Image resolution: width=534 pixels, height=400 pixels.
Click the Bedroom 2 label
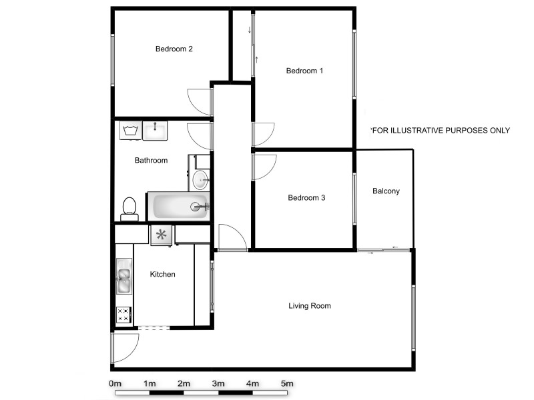(x=174, y=49)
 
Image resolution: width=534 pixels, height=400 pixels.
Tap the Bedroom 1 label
(x=304, y=71)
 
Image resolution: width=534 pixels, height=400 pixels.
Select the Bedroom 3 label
(x=306, y=197)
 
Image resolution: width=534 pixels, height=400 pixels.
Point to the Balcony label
(x=386, y=191)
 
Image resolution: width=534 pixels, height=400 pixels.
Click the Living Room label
(x=310, y=306)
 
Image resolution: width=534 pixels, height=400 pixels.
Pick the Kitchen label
(x=162, y=274)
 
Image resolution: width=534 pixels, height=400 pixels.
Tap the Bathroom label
(x=151, y=160)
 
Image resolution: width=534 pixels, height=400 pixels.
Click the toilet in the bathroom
(x=129, y=208)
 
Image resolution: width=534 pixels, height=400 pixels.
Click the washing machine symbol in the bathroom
(x=129, y=129)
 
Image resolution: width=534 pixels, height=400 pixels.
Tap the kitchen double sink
(x=124, y=277)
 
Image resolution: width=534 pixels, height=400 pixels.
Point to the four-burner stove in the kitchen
(x=124, y=315)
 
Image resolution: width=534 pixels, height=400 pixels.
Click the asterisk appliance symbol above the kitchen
(x=161, y=235)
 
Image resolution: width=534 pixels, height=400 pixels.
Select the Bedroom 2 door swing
(x=198, y=101)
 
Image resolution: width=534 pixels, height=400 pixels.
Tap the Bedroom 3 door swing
(x=264, y=167)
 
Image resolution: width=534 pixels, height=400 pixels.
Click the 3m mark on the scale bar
(x=218, y=383)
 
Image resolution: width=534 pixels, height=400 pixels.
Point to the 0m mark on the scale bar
(x=115, y=383)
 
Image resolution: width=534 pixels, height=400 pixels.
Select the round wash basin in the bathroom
(x=200, y=179)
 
